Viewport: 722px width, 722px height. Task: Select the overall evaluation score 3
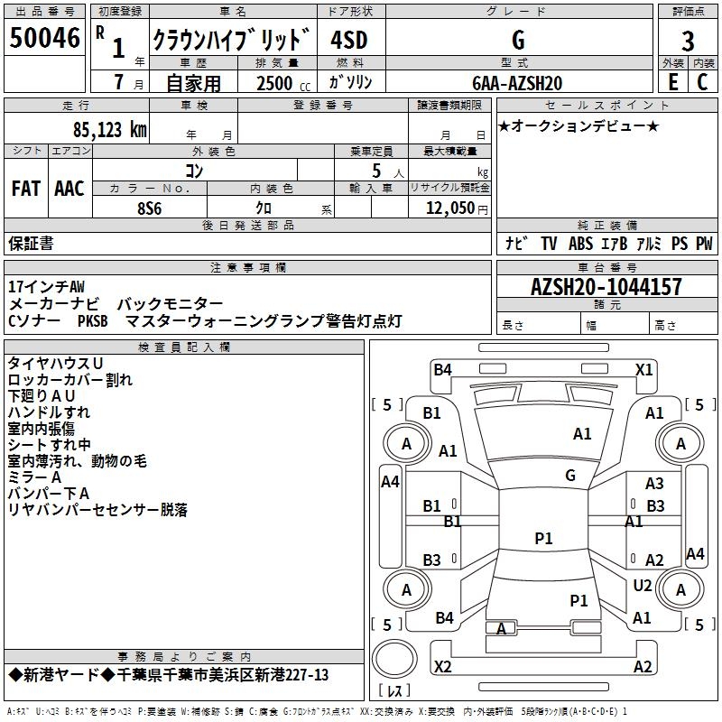(x=688, y=41)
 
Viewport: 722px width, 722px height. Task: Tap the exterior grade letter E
(x=672, y=82)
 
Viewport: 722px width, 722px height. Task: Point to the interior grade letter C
(x=702, y=82)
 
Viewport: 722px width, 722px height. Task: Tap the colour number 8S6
(x=149, y=208)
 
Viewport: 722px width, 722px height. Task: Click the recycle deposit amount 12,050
(x=449, y=208)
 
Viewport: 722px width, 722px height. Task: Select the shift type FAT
(x=25, y=189)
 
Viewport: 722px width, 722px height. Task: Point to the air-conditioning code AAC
(x=69, y=189)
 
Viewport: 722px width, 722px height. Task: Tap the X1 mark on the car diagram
(x=644, y=369)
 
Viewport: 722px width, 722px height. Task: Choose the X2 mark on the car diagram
(x=443, y=666)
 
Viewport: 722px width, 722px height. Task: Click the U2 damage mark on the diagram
(x=643, y=586)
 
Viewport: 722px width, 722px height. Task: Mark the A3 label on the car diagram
(x=654, y=484)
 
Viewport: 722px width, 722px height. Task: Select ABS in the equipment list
(x=580, y=243)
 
